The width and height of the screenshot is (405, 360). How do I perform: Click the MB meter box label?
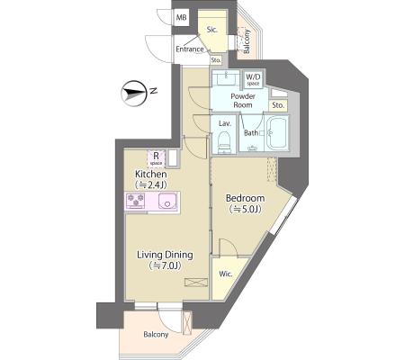181,18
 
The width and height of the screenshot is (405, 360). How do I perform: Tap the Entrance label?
190,49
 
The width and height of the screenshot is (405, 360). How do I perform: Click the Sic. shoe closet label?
212,30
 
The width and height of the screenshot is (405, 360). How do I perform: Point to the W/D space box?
253,79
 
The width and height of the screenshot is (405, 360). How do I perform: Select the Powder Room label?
243,101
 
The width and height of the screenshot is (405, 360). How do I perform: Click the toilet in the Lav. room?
224,142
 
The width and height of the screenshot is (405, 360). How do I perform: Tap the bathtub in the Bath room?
277,133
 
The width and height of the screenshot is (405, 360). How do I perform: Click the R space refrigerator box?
156,158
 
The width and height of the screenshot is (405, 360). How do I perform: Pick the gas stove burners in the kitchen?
135,200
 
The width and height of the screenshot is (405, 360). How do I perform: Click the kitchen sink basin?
167,200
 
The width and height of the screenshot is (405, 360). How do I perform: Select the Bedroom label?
245,198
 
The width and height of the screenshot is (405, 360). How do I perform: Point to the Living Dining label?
165,255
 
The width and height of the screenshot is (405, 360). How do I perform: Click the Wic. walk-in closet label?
225,274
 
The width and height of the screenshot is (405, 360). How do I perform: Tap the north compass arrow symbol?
133,93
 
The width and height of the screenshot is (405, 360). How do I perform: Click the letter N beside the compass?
154,90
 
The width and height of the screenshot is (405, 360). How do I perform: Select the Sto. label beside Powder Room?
278,105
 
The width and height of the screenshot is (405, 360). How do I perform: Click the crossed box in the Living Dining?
196,283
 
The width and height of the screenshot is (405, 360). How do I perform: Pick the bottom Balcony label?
156,335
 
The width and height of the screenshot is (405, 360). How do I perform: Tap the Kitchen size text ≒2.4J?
151,184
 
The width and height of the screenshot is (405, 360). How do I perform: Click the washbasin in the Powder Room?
226,78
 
